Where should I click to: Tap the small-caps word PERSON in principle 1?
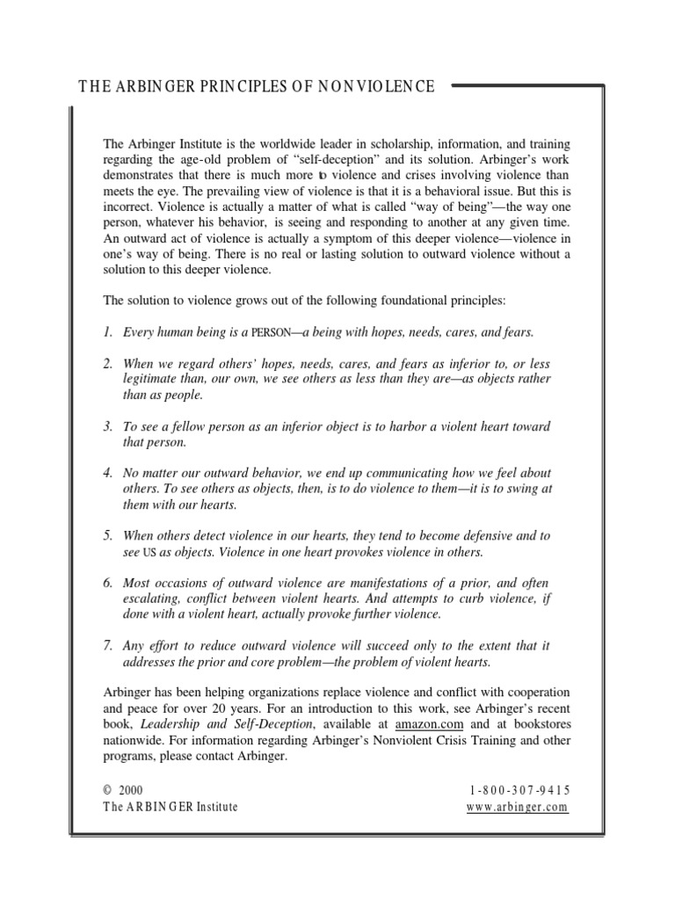[x=277, y=333]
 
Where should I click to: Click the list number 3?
[x=107, y=426]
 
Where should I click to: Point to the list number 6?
[x=107, y=584]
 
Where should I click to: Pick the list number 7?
[x=107, y=646]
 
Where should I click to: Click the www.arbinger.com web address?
[x=519, y=807]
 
